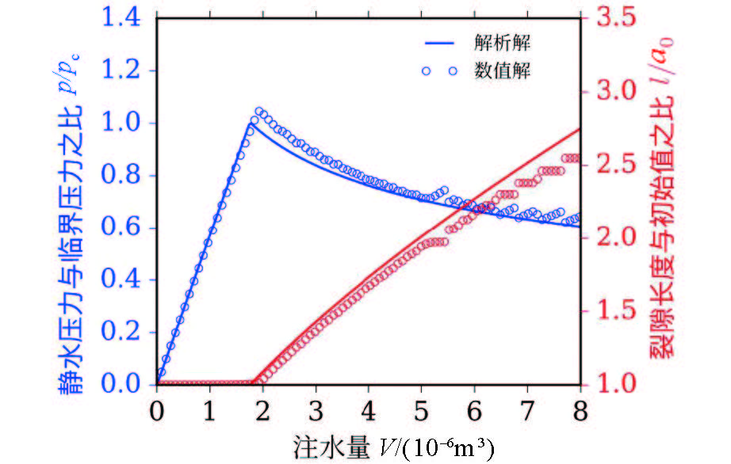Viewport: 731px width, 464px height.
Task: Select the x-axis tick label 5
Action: [x=422, y=413]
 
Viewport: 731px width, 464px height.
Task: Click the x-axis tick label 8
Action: [x=580, y=413]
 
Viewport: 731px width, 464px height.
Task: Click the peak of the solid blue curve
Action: [x=251, y=124]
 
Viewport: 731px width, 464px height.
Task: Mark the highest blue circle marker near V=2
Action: [x=258, y=112]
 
